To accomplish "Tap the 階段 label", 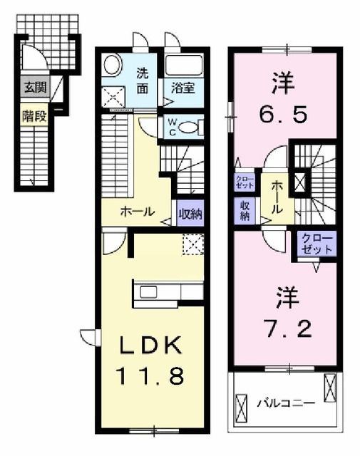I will click(x=34, y=114).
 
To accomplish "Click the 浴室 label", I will click(x=183, y=89).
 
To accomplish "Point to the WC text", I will click(x=173, y=127).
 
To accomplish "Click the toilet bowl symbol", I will click(x=188, y=128).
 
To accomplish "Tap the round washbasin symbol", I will click(x=112, y=66).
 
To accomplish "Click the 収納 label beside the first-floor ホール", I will click(x=190, y=212).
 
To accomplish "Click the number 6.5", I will click(x=283, y=113).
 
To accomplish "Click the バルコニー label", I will click(x=286, y=403).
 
